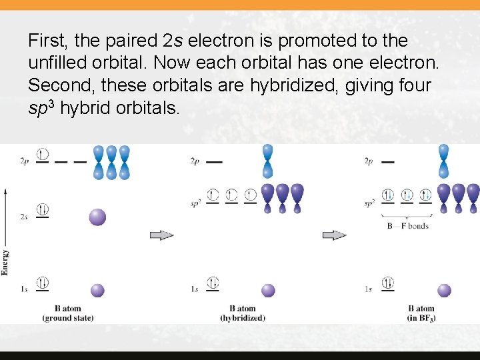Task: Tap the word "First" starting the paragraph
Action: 47,41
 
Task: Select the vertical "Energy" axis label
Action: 5,262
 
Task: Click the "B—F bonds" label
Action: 407,226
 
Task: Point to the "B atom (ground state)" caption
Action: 68,313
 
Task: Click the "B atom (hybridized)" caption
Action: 243,313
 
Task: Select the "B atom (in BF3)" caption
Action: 421,313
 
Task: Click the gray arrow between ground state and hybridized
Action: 162,235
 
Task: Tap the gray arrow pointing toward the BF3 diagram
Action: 335,235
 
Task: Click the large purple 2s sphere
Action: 97,217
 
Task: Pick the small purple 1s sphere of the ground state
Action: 97,290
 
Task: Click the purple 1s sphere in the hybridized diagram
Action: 268,290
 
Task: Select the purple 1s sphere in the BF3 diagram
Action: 444,290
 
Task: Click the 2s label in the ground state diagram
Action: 24,217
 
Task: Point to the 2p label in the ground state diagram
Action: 24,161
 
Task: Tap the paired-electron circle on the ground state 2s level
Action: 43,209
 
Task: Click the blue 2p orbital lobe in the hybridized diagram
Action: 267,160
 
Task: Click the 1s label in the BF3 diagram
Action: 369,289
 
